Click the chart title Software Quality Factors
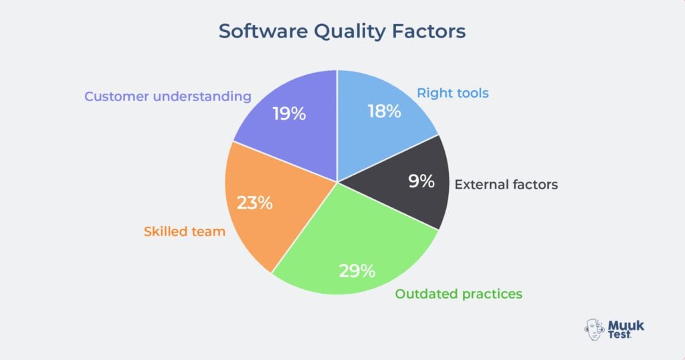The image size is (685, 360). coord(342,31)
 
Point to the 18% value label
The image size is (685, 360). coord(384,111)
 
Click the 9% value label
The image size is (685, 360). coord(421,181)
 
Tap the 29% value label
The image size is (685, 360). coord(357,271)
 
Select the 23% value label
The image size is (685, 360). coord(255,202)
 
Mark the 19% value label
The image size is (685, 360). coord(289,114)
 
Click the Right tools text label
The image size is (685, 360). coord(453,93)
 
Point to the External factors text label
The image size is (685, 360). coord(506,185)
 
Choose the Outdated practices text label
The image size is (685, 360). coord(458,294)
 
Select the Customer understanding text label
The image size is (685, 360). coord(167,96)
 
